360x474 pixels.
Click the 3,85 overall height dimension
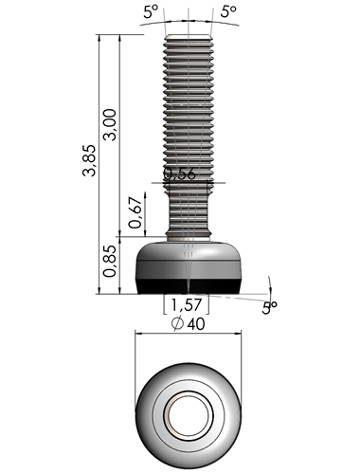click(88, 160)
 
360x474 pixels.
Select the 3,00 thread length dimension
click(110, 124)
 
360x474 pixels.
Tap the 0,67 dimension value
click(135, 212)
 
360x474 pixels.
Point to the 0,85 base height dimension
click(110, 261)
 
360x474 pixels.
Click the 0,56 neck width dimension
click(180, 173)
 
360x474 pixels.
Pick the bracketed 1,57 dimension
click(186, 304)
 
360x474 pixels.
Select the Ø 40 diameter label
click(188, 323)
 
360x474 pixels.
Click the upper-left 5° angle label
click(151, 11)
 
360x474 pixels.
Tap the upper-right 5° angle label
click(228, 11)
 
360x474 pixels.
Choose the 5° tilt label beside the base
click(269, 308)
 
